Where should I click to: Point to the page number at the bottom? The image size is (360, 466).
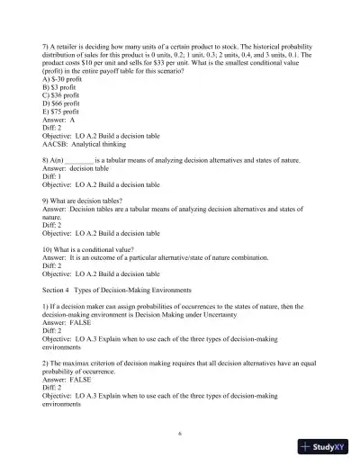180,431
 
